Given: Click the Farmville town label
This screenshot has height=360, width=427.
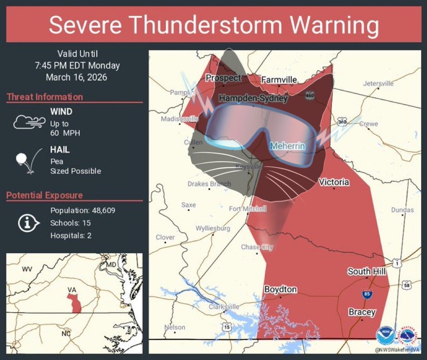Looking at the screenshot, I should pos(279,80).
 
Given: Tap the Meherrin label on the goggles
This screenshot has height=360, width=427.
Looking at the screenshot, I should pos(287,146).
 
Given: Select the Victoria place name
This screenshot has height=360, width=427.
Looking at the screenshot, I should pos(334,182).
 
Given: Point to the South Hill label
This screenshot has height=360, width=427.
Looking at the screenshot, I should pos(367,271).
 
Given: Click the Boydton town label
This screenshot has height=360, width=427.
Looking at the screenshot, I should pos(280,289).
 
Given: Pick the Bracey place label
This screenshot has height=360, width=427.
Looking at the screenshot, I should pos(362,312).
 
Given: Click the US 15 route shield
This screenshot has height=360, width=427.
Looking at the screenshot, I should pos(227,326).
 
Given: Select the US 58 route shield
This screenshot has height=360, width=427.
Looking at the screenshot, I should pos(406,285).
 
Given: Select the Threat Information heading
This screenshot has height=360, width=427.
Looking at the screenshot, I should pos(45,97).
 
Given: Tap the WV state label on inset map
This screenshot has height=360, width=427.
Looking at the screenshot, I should pos(27,269).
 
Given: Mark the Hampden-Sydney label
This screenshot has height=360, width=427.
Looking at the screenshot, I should pos(253,98).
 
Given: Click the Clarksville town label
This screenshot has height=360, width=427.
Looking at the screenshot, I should pos(223,307).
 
